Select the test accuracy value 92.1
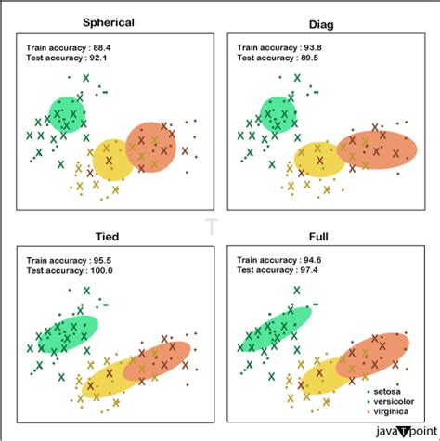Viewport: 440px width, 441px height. pos(98,58)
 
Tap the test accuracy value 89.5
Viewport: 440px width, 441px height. pos(308,58)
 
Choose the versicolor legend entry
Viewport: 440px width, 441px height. pos(395,395)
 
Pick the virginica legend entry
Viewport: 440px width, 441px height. pos(393,406)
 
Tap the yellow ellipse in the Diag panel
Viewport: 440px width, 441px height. pos(319,159)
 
